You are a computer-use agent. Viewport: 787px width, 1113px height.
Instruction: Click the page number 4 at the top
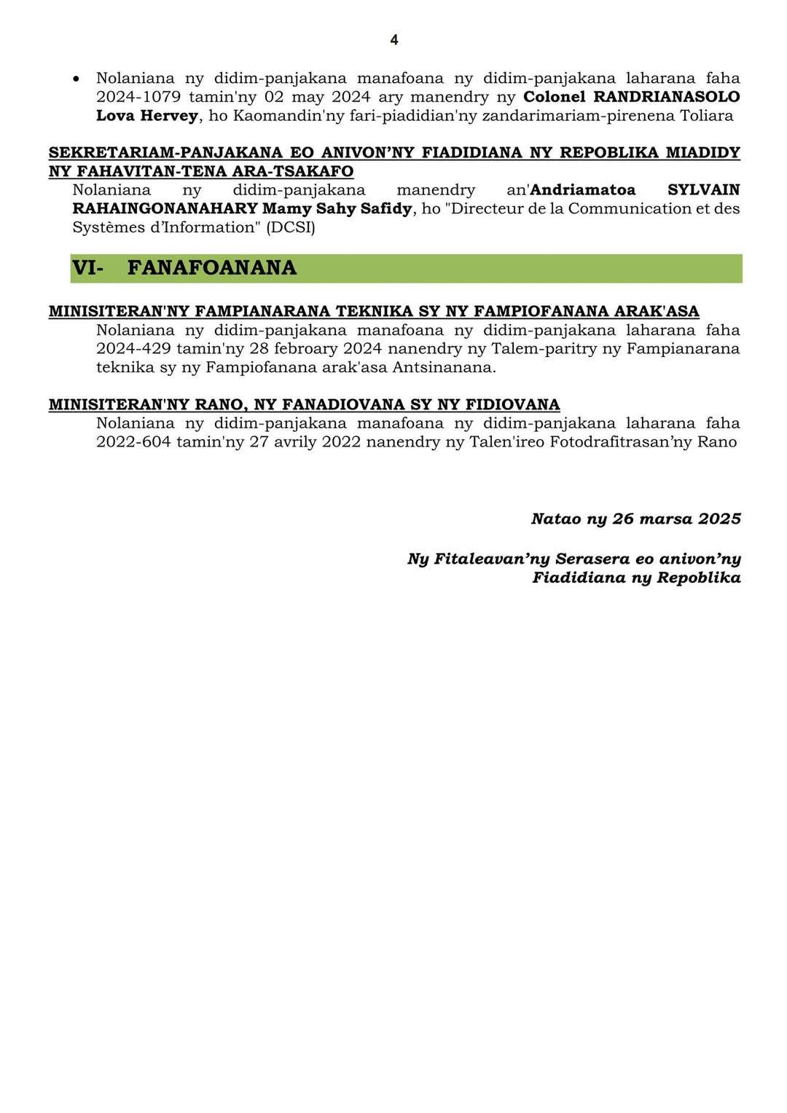coord(393,40)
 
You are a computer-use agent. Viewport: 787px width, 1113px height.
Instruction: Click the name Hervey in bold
coord(169,116)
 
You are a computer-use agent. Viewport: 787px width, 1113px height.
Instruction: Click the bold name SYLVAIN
coord(704,190)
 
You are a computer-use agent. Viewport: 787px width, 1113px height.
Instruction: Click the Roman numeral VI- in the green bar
coord(87,268)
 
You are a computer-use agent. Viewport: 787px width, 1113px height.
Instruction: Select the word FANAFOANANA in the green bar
coord(212,268)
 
